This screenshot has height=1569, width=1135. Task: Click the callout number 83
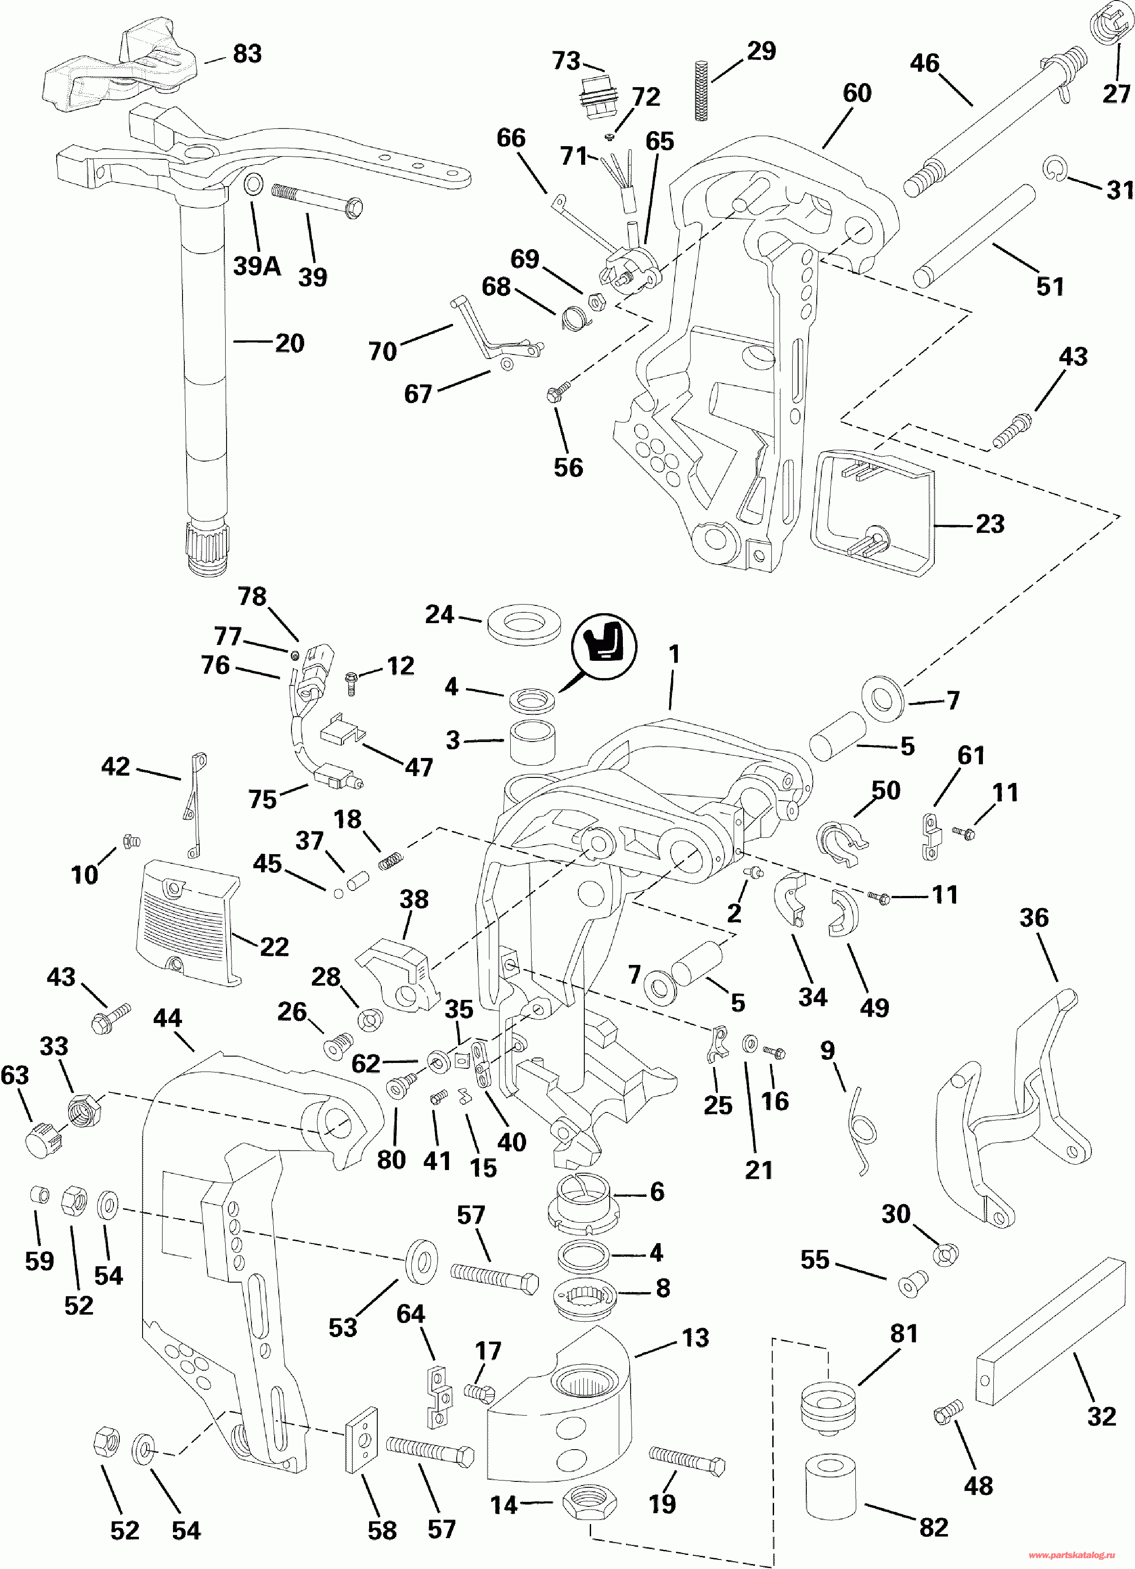click(247, 54)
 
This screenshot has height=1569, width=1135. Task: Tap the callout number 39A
click(257, 266)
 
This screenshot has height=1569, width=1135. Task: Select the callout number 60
click(857, 93)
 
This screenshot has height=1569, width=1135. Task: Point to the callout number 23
click(990, 524)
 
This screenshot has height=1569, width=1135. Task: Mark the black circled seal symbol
click(603, 646)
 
